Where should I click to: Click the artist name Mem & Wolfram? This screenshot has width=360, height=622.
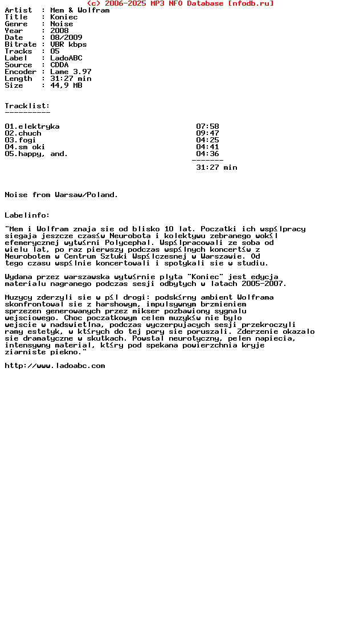80,10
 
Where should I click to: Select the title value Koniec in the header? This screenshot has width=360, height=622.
64,17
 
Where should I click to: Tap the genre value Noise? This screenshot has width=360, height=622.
62,24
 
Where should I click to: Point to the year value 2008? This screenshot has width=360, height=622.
59,31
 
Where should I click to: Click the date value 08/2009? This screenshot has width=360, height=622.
66,38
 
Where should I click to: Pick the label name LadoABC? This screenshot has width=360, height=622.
66,58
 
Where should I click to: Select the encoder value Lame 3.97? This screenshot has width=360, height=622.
71,72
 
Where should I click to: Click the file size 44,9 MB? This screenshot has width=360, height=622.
66,85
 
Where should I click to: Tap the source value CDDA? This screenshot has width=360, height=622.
59,65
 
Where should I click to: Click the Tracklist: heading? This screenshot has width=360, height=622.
27,106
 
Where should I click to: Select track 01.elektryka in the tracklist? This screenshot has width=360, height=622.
32,126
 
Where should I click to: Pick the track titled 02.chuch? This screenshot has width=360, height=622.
23,133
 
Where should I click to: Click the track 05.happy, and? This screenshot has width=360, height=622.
36,154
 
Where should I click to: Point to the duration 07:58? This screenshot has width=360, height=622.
207,126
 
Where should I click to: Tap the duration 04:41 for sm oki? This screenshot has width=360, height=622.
207,147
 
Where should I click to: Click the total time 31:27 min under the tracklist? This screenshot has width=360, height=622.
216,167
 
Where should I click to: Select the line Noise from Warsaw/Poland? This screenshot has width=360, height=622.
62,195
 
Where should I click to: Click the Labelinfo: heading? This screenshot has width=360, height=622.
27,215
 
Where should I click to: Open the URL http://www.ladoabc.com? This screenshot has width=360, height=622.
55,366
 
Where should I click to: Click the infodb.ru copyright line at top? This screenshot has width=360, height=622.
180,3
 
